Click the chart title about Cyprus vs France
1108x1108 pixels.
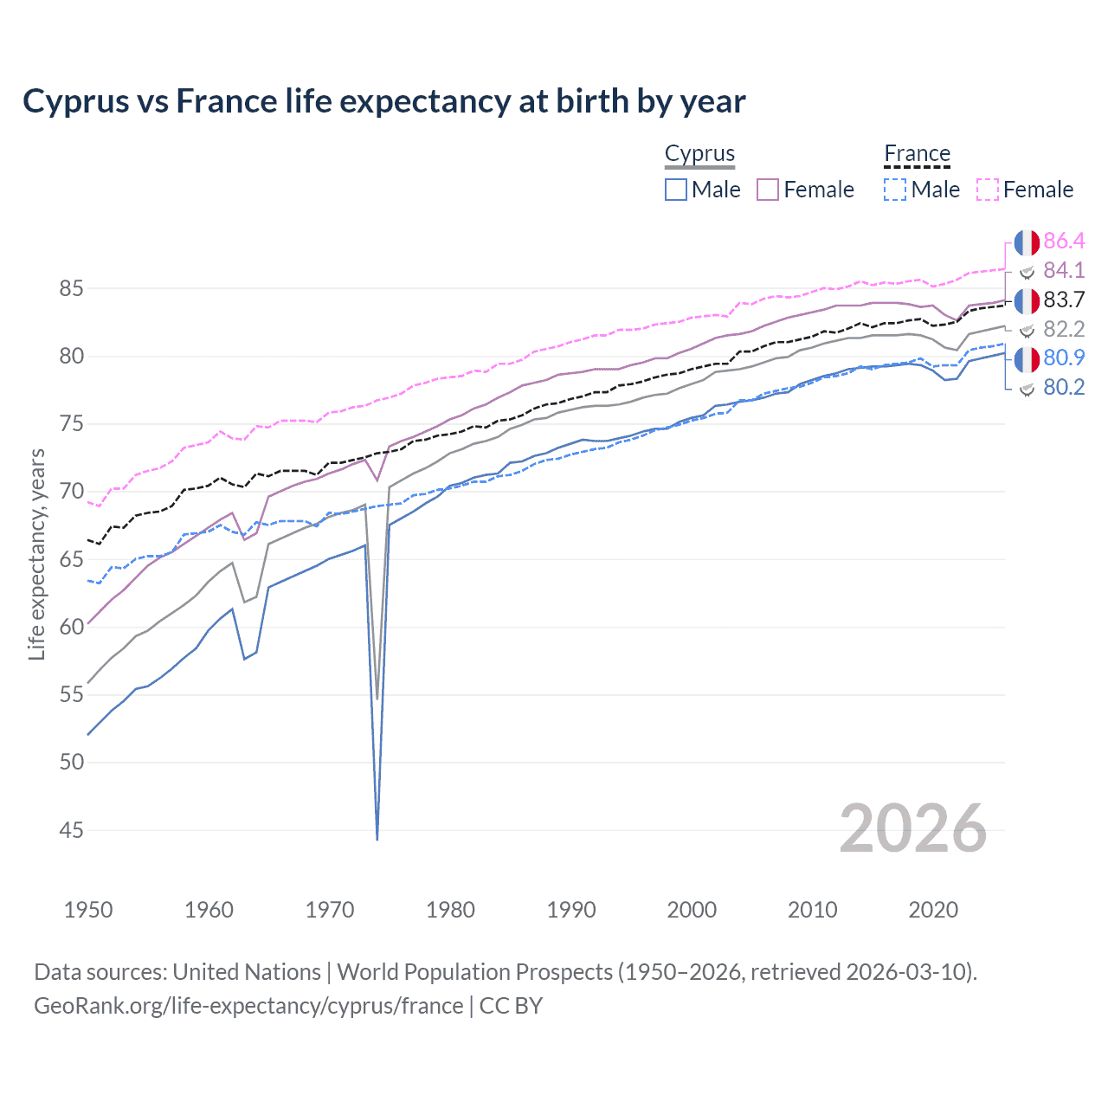point(383,101)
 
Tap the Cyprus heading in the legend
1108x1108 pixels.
point(699,154)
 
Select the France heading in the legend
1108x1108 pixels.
point(917,154)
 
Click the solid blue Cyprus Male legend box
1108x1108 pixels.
point(676,190)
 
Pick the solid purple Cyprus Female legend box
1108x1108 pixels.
point(768,190)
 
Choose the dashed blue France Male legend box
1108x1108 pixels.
point(895,190)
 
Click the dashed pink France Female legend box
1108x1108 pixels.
point(988,190)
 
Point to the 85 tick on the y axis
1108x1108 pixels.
point(71,288)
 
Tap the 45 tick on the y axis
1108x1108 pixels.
point(71,830)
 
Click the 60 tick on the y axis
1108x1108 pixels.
point(71,627)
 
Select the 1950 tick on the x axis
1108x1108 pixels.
point(88,910)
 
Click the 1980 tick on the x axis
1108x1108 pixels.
point(450,910)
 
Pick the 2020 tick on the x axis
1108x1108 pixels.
point(933,910)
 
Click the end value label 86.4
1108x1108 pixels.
point(1064,241)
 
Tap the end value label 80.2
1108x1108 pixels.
point(1064,387)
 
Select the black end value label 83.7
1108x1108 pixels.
point(1064,300)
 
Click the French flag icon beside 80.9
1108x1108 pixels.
point(1027,358)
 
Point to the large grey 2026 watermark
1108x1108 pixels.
point(912,828)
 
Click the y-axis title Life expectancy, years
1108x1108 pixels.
point(36,554)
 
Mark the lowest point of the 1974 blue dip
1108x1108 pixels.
point(377,839)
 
